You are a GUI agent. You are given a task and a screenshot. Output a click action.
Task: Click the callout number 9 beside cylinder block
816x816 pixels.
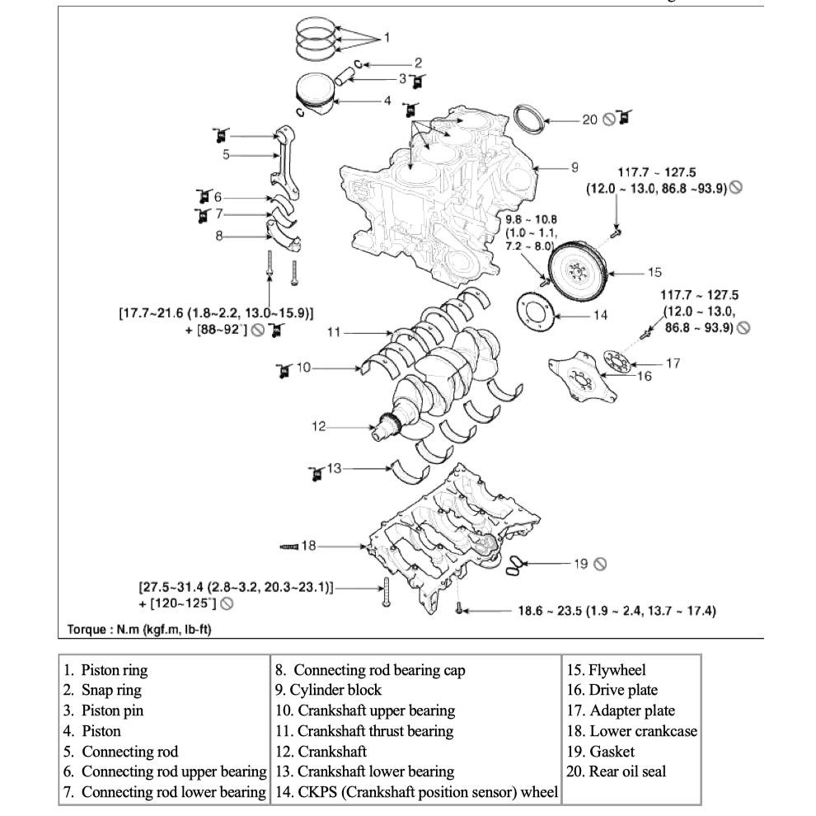tap(574, 167)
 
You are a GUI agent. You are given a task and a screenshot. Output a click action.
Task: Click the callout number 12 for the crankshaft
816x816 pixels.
tap(319, 427)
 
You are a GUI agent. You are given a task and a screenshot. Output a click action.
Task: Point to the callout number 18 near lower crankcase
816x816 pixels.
tap(308, 546)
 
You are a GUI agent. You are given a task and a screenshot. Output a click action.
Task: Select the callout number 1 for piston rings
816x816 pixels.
tap(387, 38)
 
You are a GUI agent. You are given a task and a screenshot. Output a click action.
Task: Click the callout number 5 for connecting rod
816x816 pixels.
tap(226, 154)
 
